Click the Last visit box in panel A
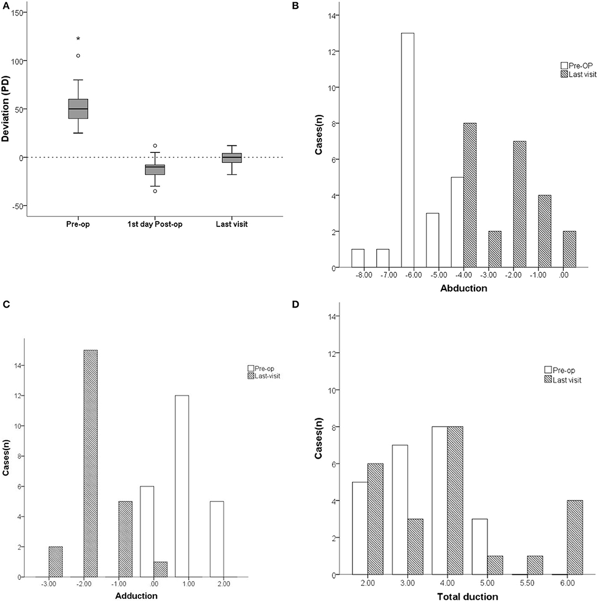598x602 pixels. (x=232, y=158)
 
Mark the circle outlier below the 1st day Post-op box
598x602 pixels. (x=155, y=191)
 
